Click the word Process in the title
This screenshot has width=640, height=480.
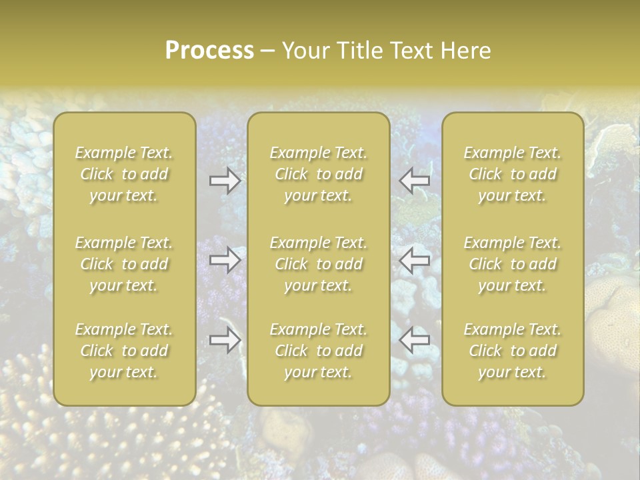tap(209, 51)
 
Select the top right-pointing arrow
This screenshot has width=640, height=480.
tap(225, 181)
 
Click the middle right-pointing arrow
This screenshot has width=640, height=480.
tap(225, 260)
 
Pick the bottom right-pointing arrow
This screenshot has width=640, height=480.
tap(225, 340)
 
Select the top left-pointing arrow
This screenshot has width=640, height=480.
tap(415, 179)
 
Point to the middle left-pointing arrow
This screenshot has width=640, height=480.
tap(415, 260)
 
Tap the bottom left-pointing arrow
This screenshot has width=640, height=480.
tap(415, 340)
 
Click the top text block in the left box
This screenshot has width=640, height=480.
tap(124, 174)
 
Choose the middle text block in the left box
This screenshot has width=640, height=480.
tap(124, 264)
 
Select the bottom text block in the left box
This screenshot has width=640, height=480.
tap(124, 351)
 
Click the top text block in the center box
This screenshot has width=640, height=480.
tap(318, 174)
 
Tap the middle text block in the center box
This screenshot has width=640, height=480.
tap(318, 264)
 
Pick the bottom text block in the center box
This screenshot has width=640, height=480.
tap(318, 351)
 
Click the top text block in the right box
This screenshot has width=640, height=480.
tap(513, 174)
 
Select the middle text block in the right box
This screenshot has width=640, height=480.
tap(513, 264)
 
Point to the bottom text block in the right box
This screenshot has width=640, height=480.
tap(513, 351)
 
